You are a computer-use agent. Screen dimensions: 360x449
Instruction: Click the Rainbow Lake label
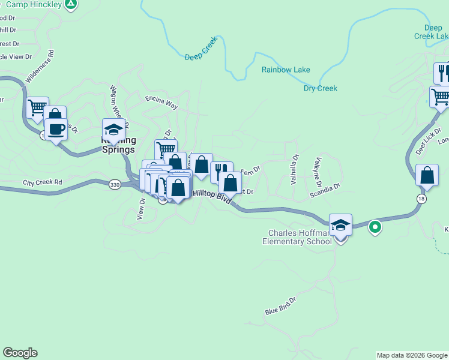click(286, 70)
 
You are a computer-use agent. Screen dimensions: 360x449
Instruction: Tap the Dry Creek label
click(320, 88)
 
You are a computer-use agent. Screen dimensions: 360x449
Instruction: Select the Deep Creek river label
click(200, 52)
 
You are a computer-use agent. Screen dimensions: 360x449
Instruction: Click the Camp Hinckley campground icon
click(71, 4)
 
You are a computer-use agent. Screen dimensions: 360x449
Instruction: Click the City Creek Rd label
click(43, 182)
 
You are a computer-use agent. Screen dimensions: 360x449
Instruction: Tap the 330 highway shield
click(115, 185)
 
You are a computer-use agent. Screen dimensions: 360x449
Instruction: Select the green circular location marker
click(375, 227)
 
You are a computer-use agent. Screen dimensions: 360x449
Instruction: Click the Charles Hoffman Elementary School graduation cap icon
click(340, 225)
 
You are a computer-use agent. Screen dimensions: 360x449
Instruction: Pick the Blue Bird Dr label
click(280, 306)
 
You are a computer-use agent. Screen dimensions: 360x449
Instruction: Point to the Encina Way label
click(161, 101)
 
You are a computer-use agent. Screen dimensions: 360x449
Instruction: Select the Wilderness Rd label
click(40, 65)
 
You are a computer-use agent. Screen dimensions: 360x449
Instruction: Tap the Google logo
click(20, 353)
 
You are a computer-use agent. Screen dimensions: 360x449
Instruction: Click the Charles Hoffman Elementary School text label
click(297, 237)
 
